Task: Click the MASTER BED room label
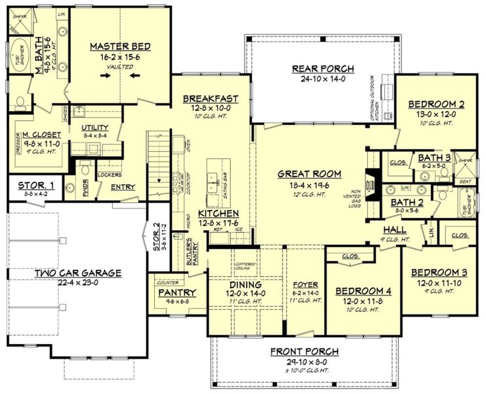point(120,47)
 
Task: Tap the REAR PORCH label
point(323,69)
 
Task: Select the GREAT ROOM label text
point(310,174)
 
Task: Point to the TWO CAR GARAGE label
point(78,273)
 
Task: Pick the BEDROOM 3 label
point(439,273)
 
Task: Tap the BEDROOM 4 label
point(363,291)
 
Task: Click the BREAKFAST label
point(210,99)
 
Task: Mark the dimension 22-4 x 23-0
point(78,284)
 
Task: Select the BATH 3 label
point(435,158)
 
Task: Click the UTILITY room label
point(94,127)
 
